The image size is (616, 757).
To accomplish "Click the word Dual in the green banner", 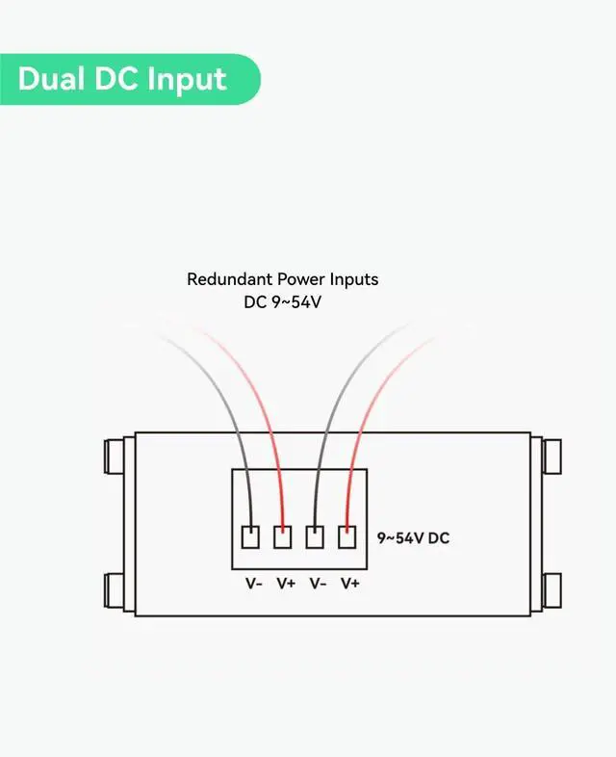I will point(52,78).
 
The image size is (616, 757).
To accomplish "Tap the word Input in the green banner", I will point(187,79).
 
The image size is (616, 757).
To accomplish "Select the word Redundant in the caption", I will point(230,279).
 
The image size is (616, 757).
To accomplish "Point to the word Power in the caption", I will point(302,279).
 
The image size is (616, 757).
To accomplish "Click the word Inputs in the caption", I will point(354,279).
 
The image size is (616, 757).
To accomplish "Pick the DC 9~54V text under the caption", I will point(282,301).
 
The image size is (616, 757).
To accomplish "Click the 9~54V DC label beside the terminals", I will point(413,537).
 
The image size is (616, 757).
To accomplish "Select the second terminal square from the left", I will point(283,537).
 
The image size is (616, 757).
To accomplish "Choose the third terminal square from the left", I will point(315,537).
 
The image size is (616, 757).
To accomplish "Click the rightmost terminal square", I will point(346,537).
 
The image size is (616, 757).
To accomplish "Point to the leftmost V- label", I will point(254,583).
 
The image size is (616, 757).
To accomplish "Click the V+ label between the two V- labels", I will point(286,583).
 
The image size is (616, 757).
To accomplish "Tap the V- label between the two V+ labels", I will point(317,583).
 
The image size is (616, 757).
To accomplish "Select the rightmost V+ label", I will point(349,583).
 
